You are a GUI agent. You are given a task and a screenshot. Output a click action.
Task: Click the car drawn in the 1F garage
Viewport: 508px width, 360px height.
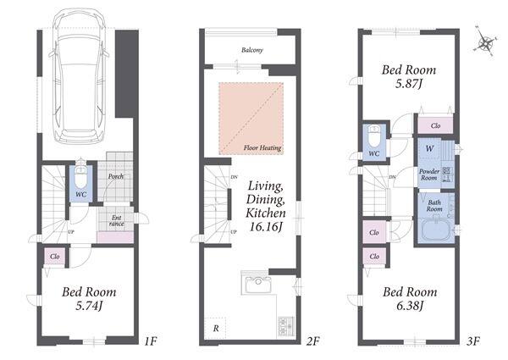79,76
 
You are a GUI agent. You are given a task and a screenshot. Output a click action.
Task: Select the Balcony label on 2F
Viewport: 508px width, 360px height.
252,50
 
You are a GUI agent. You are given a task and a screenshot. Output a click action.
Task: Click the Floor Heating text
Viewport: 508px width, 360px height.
262,148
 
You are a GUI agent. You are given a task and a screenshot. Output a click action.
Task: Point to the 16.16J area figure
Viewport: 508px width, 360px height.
265,227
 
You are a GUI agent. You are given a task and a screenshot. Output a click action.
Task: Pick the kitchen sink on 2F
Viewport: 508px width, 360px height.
257,284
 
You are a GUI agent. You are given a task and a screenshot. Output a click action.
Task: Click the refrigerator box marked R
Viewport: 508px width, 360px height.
215,329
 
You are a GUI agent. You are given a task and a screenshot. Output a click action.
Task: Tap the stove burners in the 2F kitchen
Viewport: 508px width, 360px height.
286,326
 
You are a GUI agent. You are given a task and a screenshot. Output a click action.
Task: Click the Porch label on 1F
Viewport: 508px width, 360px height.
116,176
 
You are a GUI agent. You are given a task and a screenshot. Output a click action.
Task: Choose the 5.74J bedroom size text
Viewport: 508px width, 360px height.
89,306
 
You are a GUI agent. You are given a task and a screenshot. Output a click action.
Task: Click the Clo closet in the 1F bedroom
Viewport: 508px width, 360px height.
55,257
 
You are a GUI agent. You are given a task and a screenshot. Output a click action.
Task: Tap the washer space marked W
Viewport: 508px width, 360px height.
429,149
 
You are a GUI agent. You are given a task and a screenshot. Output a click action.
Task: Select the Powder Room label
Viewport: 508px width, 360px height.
429,174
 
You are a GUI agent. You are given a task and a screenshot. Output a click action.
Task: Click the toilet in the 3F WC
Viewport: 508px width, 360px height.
374,136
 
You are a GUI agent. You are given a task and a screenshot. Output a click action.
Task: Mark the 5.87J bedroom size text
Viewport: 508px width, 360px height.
409,84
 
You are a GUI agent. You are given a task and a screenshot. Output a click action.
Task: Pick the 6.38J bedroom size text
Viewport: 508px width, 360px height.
410,306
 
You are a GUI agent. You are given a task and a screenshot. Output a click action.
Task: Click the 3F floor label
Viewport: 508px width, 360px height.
473,341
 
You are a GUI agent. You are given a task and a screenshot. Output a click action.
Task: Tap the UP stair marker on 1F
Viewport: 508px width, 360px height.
71,232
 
